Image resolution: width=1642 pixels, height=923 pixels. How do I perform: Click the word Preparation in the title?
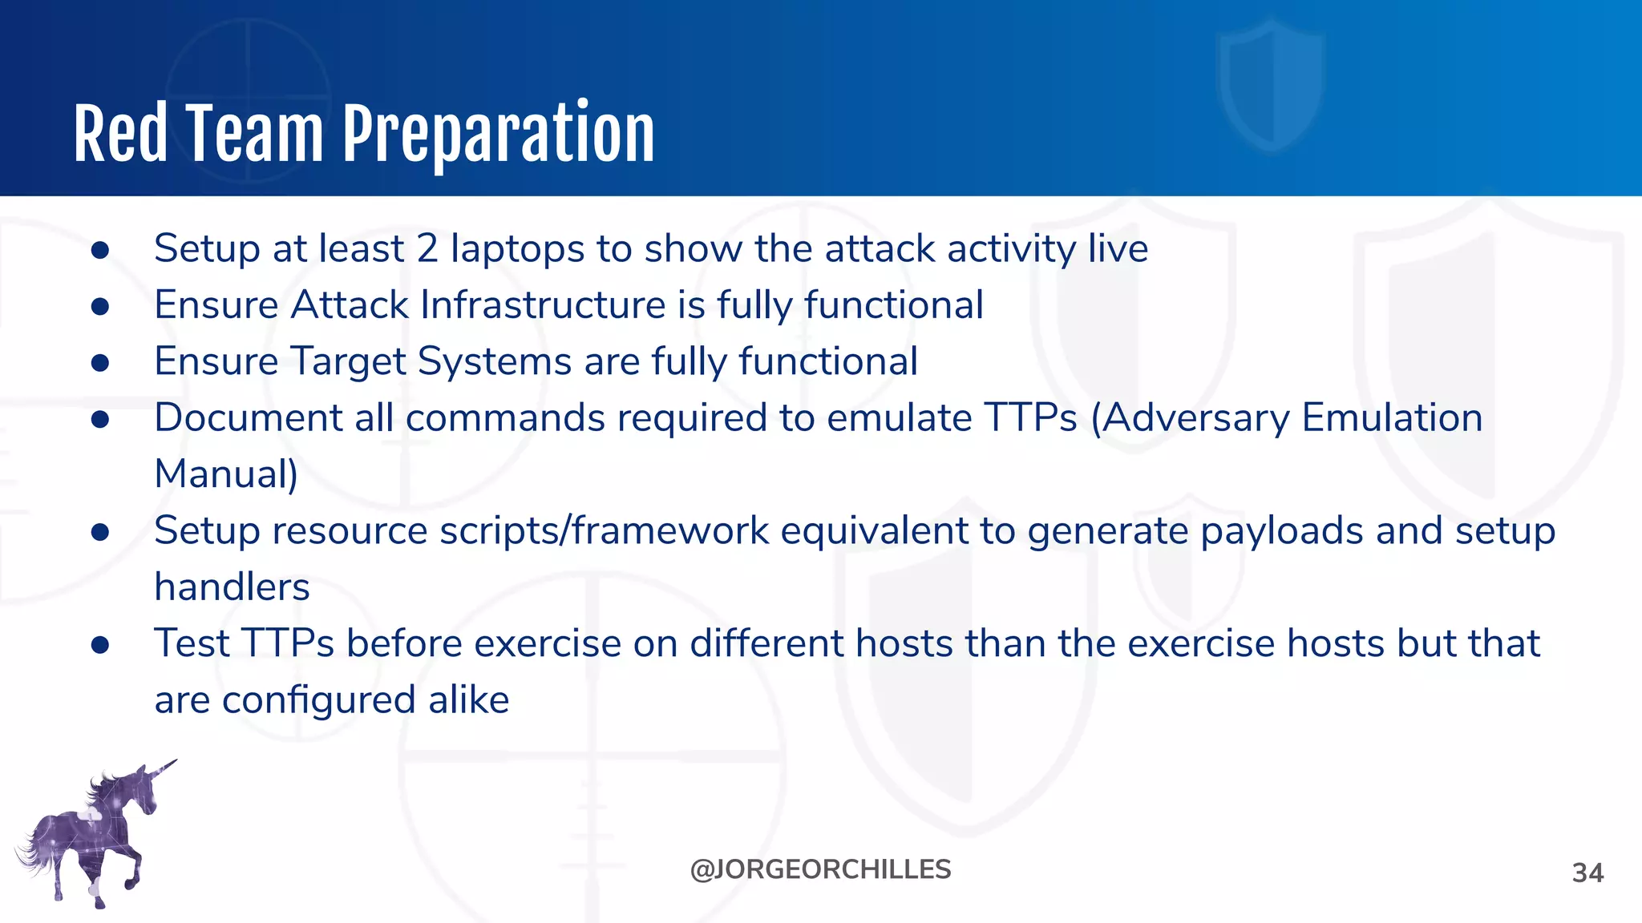pos(499,135)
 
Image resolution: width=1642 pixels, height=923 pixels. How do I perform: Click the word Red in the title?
pos(120,135)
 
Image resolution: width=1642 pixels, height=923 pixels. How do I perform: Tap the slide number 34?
pos(1587,873)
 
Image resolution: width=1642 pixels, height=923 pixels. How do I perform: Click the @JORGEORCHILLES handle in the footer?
pos(820,869)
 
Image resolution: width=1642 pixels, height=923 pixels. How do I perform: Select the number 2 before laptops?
pos(427,248)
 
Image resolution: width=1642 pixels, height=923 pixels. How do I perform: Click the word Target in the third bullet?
pos(348,362)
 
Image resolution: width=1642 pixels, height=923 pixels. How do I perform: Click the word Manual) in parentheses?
pos(226,474)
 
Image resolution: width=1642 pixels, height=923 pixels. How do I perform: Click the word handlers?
pos(232,587)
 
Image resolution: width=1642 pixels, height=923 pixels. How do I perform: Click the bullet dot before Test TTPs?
pos(100,645)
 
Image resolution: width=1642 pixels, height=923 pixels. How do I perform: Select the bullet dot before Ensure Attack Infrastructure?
pos(100,307)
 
